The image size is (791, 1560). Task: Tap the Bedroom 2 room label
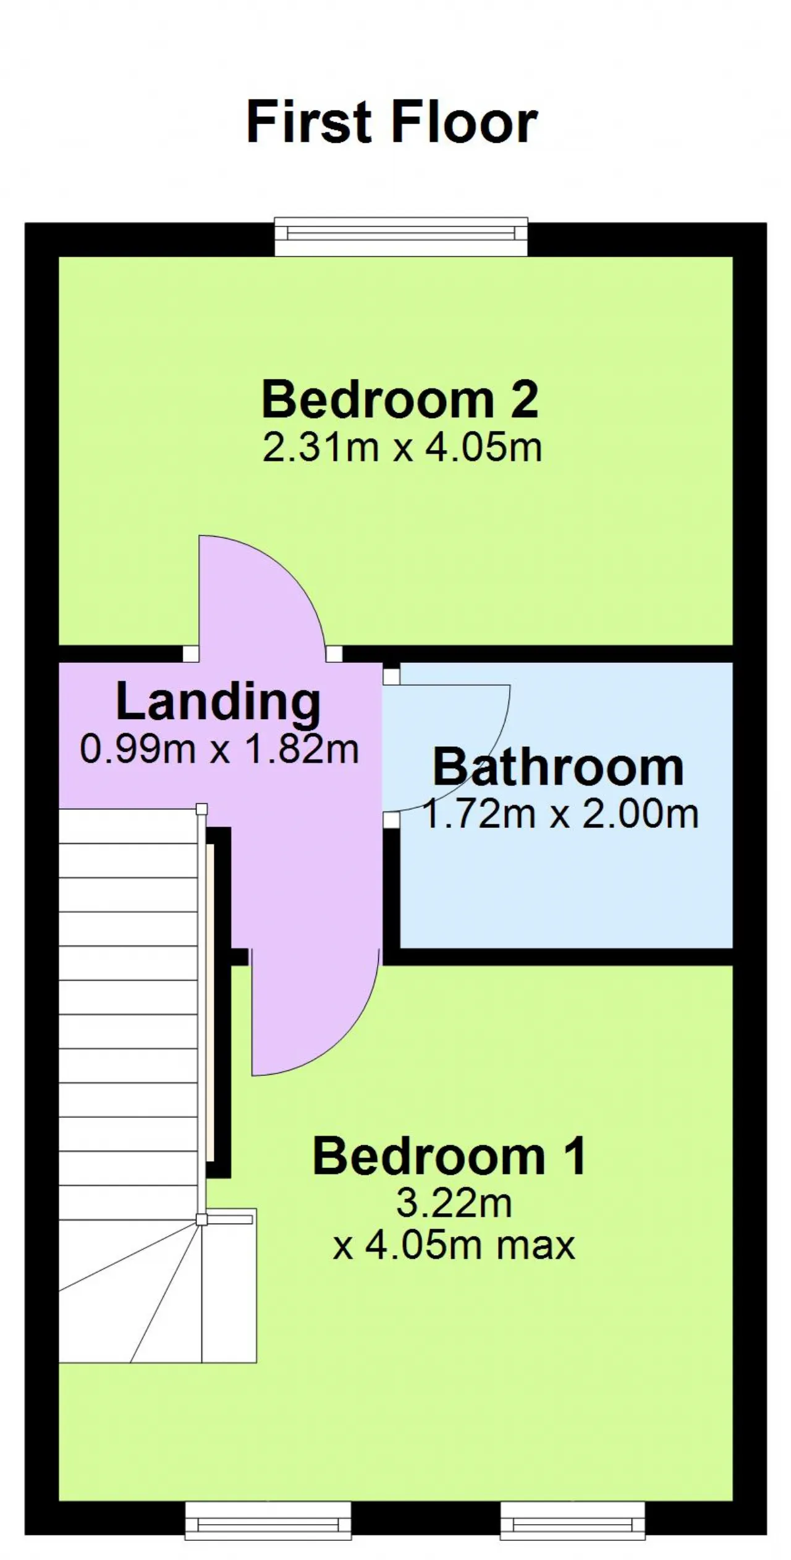[x=400, y=399]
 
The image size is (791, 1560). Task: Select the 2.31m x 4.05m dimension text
[x=402, y=447]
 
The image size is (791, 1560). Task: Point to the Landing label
[x=218, y=703]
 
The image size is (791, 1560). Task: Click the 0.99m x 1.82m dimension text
[x=219, y=749]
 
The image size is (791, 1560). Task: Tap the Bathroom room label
[x=557, y=767]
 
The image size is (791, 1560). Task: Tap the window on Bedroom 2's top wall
[x=401, y=236]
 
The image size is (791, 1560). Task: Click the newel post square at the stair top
[x=201, y=809]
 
